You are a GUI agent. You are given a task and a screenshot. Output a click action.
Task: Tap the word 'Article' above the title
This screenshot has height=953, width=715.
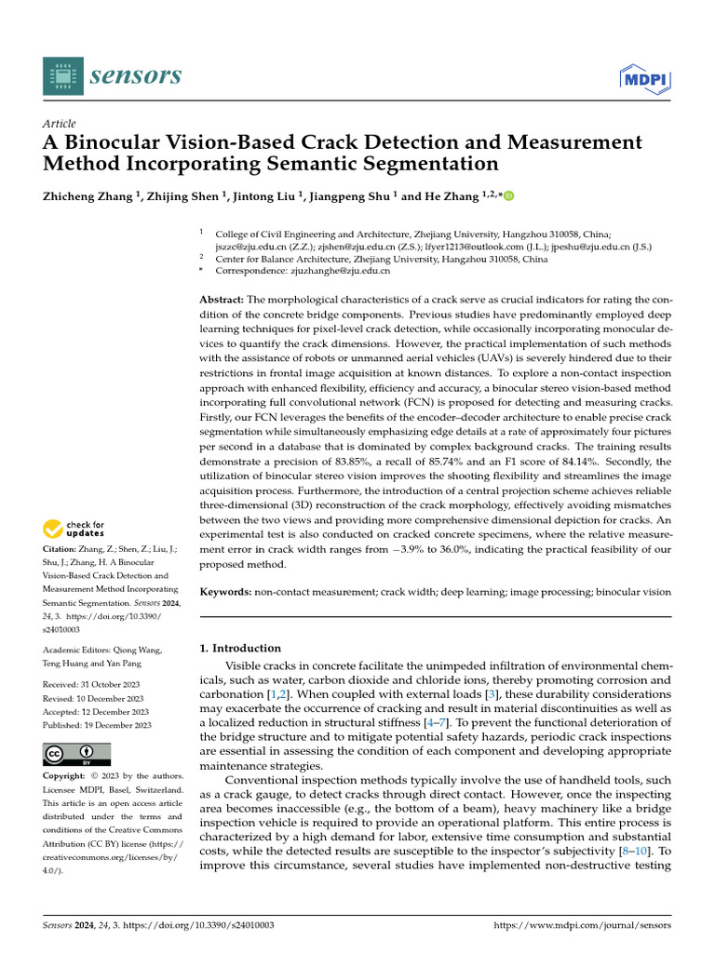[60, 124]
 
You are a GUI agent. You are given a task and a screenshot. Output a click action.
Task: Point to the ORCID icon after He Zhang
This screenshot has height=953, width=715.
[508, 196]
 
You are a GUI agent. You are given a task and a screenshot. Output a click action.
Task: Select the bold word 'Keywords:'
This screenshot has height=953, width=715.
[226, 591]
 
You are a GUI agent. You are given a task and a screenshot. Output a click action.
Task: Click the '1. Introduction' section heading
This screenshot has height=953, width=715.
[240, 648]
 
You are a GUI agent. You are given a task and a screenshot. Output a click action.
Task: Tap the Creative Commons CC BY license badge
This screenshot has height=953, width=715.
[77, 754]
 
